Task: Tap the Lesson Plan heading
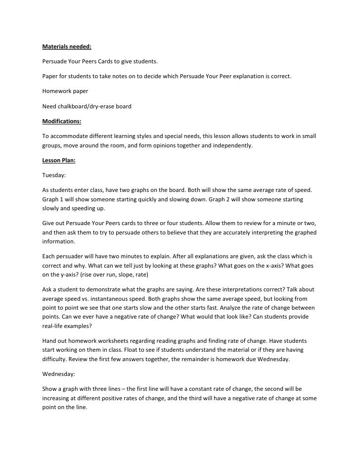[58, 160]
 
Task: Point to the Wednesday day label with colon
[58, 374]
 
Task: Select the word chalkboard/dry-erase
[88, 106]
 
